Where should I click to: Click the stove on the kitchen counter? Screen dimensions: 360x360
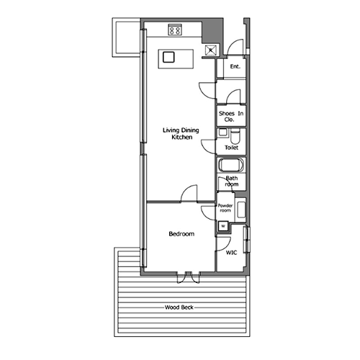click(x=175, y=30)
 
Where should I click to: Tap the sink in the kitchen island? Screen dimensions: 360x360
click(x=168, y=57)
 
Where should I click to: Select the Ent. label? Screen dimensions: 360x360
click(x=235, y=66)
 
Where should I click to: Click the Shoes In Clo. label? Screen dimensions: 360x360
click(x=231, y=117)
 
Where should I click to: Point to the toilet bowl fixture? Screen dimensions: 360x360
click(x=235, y=136)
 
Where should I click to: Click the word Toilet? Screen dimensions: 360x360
click(x=231, y=148)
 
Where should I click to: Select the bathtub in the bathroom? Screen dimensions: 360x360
click(x=231, y=165)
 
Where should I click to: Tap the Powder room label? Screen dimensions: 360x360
click(x=225, y=208)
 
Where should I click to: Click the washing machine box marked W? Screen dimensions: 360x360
click(x=223, y=226)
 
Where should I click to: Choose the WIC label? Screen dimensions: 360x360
click(x=231, y=253)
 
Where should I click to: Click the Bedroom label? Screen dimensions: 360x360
click(x=181, y=234)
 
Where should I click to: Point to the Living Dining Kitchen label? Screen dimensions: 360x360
click(x=181, y=134)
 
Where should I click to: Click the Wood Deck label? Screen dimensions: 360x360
click(x=179, y=307)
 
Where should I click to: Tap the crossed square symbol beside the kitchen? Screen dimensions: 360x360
click(x=211, y=50)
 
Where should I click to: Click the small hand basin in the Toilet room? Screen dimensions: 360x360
click(x=222, y=132)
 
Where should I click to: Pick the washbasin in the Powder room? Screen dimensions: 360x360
click(x=241, y=210)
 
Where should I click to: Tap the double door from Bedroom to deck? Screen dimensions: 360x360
click(x=189, y=278)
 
